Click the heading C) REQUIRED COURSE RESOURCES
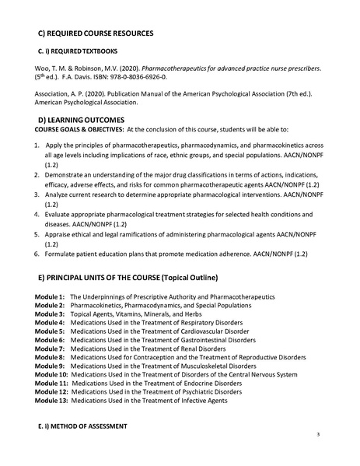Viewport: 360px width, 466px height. (96, 33)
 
